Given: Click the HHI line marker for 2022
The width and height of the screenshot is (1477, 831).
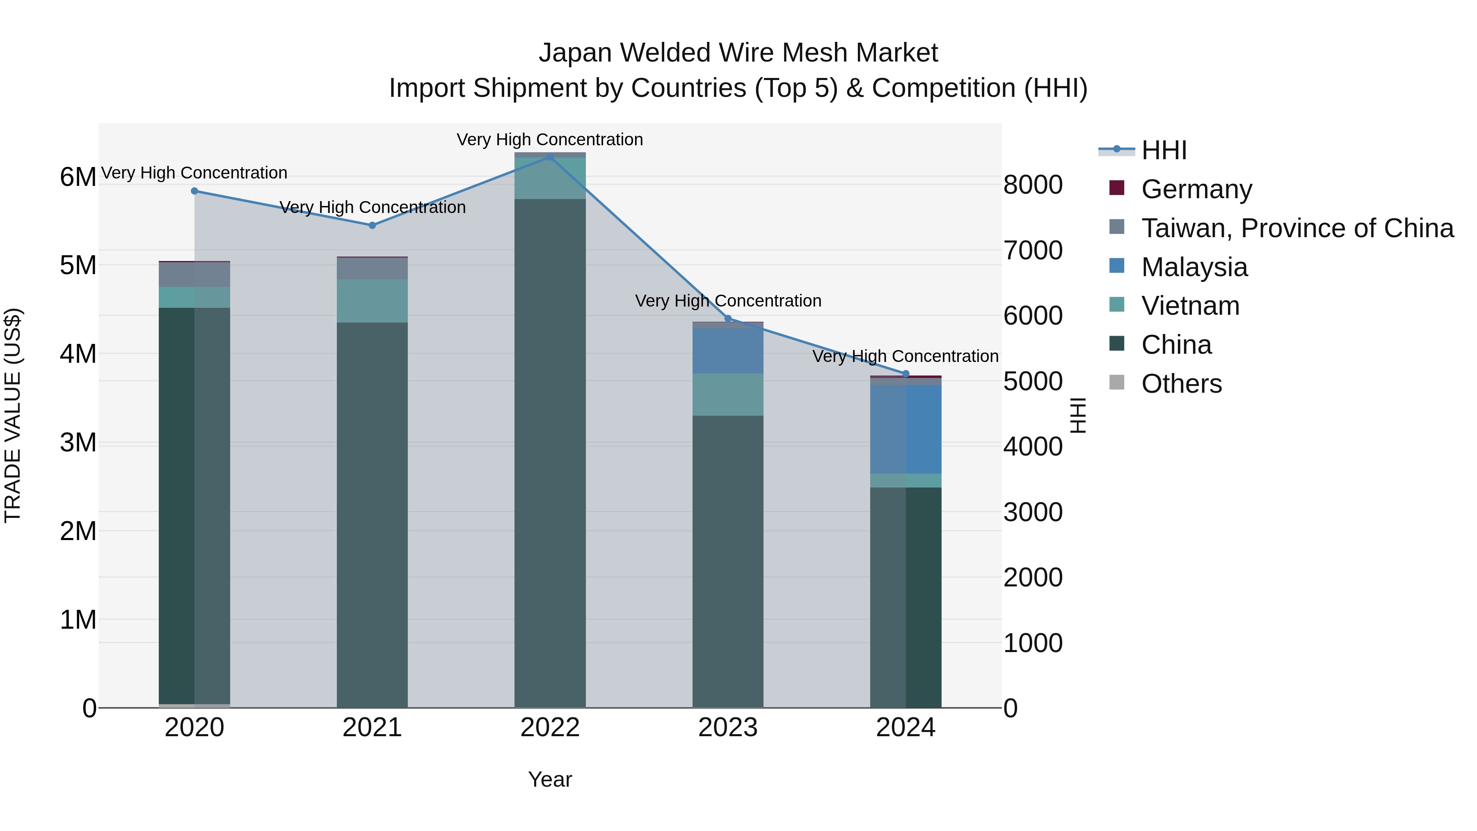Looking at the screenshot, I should (549, 157).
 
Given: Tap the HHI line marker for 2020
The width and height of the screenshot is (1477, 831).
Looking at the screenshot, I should (194, 191).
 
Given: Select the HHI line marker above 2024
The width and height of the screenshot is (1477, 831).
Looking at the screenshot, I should (906, 374).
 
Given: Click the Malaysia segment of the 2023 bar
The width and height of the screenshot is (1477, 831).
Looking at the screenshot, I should (727, 350).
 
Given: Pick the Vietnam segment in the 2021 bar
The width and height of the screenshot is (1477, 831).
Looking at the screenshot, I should (372, 301).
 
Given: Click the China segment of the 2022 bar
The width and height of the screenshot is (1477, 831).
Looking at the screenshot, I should (549, 453).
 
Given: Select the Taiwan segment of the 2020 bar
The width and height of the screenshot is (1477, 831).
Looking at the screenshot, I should (194, 274).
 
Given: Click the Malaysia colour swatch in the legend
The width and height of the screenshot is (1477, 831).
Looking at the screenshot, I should (1117, 266).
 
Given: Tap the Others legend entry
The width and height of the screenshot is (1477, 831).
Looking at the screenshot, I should (1181, 384).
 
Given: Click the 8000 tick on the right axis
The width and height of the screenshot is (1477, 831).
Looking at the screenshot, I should (1033, 185).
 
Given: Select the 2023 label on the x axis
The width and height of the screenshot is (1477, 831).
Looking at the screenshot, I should (727, 728).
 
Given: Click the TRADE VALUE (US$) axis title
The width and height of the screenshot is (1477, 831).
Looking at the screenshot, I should (13, 415).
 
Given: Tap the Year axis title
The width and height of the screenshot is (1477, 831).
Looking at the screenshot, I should (549, 779).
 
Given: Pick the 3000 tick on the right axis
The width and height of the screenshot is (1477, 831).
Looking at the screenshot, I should (1033, 512).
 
